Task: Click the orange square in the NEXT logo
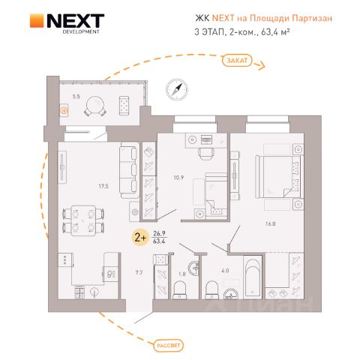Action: coord(37,20)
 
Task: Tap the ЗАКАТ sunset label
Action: coord(237,61)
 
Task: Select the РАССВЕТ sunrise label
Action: coord(169,346)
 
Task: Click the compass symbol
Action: coord(177,89)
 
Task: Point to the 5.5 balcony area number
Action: coord(76,97)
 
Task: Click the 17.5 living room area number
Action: coord(103,186)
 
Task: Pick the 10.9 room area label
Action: coord(178,178)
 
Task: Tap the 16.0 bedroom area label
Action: coord(270,223)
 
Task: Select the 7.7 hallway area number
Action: coord(139,272)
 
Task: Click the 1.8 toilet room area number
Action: coord(182,274)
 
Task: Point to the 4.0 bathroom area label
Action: coord(225,271)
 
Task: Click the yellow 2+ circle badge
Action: coord(140,238)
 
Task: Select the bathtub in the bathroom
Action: coord(253,277)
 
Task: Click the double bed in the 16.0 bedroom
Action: coord(279,176)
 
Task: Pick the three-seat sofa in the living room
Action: coord(129,170)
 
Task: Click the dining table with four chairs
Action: coord(83,220)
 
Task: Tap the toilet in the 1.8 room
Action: coord(180,290)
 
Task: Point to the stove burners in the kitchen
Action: coord(79,292)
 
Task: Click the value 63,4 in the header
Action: coord(270,32)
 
